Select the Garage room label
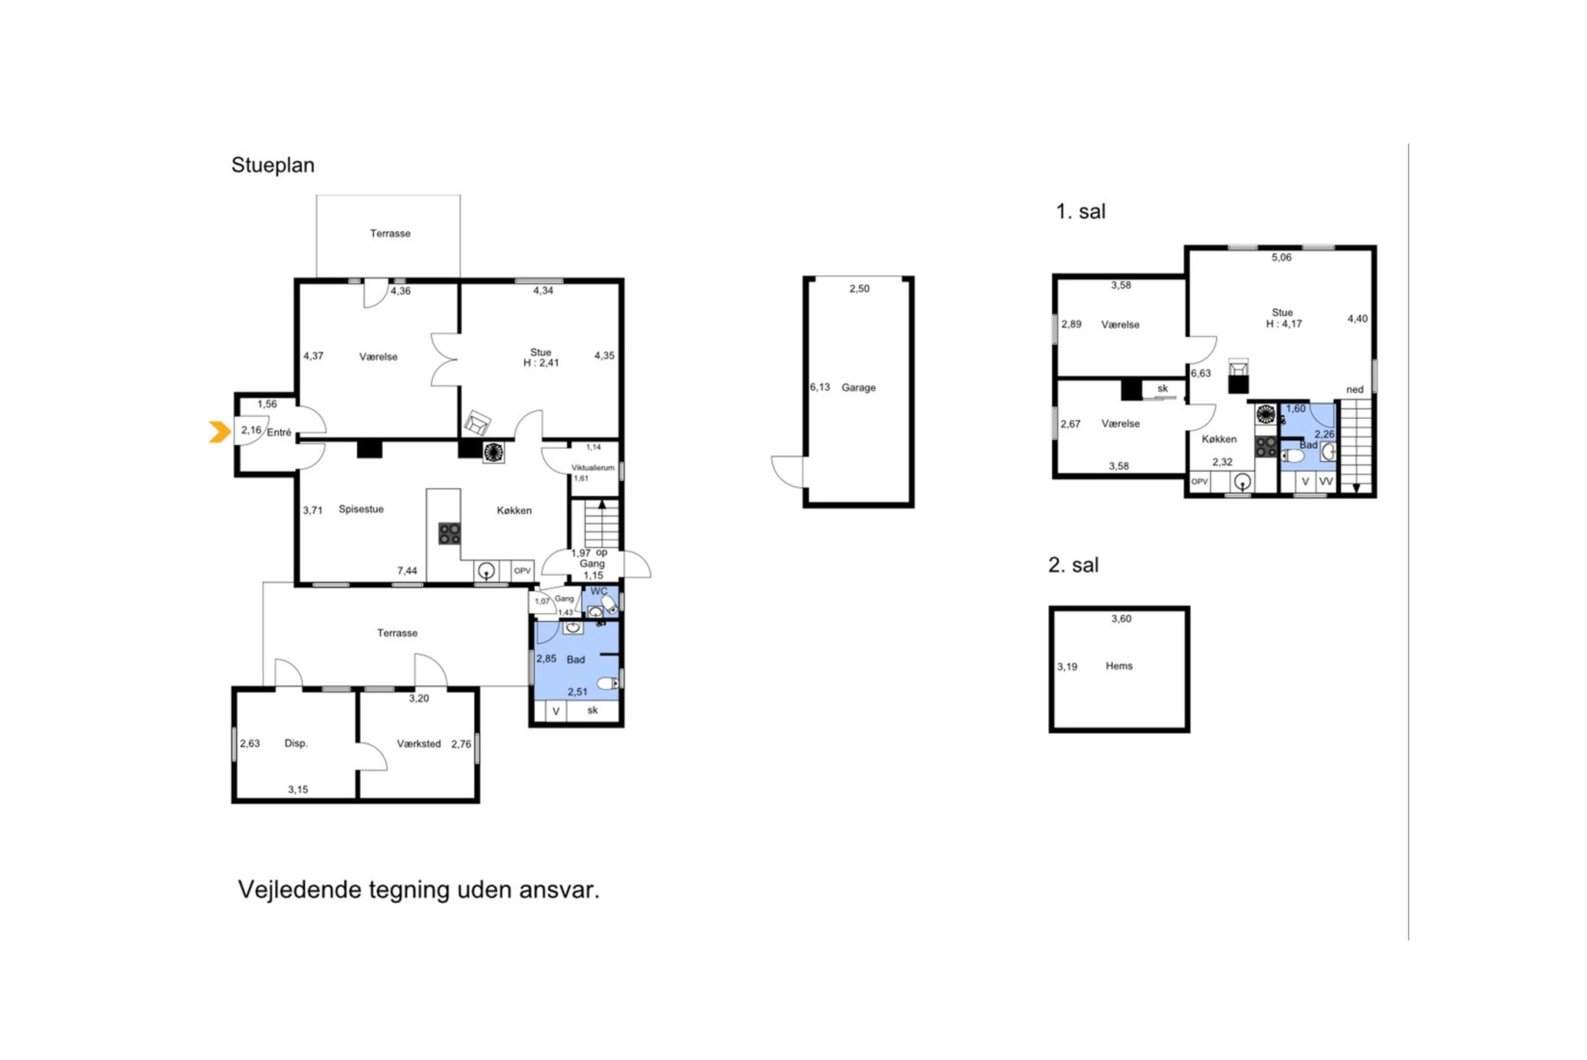point(858,388)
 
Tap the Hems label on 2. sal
point(1119,666)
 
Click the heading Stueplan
point(273,165)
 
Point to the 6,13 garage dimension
point(819,387)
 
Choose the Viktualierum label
point(592,468)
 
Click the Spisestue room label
point(361,509)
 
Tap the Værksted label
point(418,744)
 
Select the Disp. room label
point(296,743)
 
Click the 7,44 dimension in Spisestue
point(407,571)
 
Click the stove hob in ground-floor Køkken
point(449,533)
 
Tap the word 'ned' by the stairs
point(1355,389)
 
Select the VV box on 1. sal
point(1326,482)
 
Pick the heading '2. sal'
point(1073,565)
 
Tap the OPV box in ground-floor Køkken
point(522,571)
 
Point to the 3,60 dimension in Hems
point(1121,619)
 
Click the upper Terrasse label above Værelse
point(390,233)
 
